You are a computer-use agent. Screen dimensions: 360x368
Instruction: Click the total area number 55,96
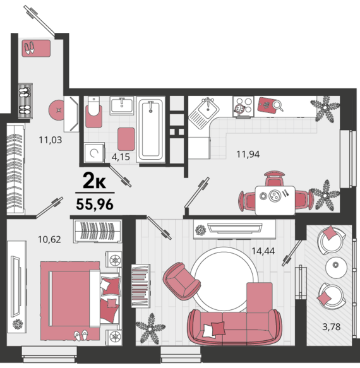pyautogui.click(x=95, y=204)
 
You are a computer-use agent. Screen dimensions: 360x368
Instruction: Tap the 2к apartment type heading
pyautogui.click(x=94, y=181)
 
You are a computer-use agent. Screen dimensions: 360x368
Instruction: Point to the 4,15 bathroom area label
pyautogui.click(x=121, y=157)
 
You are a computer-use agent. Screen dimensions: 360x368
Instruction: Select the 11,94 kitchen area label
pyautogui.click(x=248, y=154)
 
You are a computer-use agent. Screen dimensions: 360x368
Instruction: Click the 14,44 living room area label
pyautogui.click(x=263, y=251)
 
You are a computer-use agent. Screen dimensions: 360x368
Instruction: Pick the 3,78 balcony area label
pyautogui.click(x=331, y=326)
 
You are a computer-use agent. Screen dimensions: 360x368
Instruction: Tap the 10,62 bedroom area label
pyautogui.click(x=49, y=239)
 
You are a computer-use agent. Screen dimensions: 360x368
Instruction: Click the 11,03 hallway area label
pyautogui.click(x=51, y=140)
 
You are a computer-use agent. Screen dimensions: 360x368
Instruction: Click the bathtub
pyautogui.click(x=150, y=130)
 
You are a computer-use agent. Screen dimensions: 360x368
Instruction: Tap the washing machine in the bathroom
pyautogui.click(x=94, y=152)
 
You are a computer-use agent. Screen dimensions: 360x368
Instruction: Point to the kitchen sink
pyautogui.click(x=204, y=113)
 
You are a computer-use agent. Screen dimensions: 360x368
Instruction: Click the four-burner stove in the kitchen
pyautogui.click(x=243, y=106)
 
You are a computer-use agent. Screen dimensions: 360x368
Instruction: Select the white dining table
pyautogui.click(x=275, y=200)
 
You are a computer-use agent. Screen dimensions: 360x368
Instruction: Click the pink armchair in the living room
pyautogui.click(x=181, y=281)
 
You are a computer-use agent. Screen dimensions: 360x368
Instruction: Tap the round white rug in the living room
pyautogui.click(x=224, y=279)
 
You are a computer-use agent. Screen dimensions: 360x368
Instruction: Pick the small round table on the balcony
pyautogui.click(x=336, y=268)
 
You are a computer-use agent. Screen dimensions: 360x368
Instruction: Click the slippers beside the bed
pyautogui.click(x=81, y=335)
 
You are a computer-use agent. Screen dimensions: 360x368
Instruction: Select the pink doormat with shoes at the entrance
pyautogui.click(x=36, y=49)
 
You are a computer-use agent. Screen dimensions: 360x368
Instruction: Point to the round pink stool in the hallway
pyautogui.click(x=57, y=110)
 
